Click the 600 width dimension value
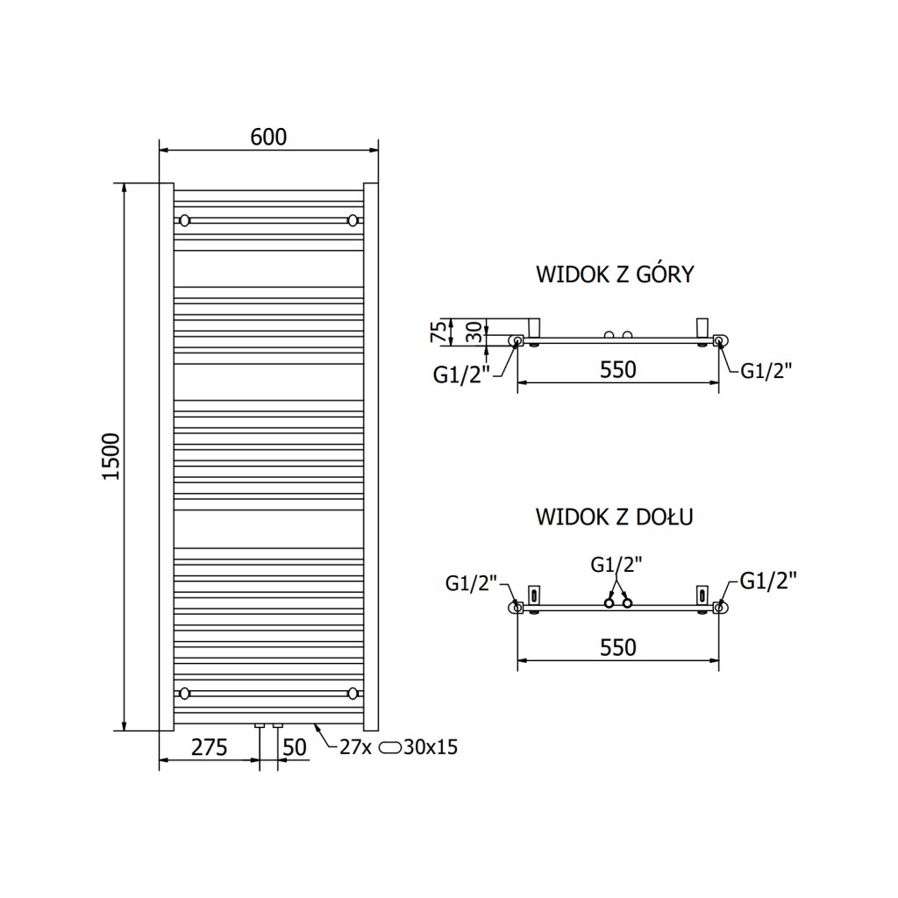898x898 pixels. pos(268,137)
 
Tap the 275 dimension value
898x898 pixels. pos(209,748)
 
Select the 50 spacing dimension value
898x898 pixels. pos(296,748)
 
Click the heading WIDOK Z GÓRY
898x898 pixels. pos(615,274)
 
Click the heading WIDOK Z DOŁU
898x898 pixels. pos(615,517)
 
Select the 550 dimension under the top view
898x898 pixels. pos(617,370)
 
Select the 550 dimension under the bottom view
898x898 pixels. pos(617,648)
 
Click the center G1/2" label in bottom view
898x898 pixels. pos(616,565)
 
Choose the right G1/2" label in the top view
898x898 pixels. pos(766,370)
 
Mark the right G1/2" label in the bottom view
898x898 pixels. pos(768,581)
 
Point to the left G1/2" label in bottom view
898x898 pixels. pos(472,581)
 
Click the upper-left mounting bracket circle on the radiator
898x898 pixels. pos(184,219)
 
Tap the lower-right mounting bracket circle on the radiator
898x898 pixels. pos(353,694)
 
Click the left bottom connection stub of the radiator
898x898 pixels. pos(260,726)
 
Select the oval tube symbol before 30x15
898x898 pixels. pos(392,748)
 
